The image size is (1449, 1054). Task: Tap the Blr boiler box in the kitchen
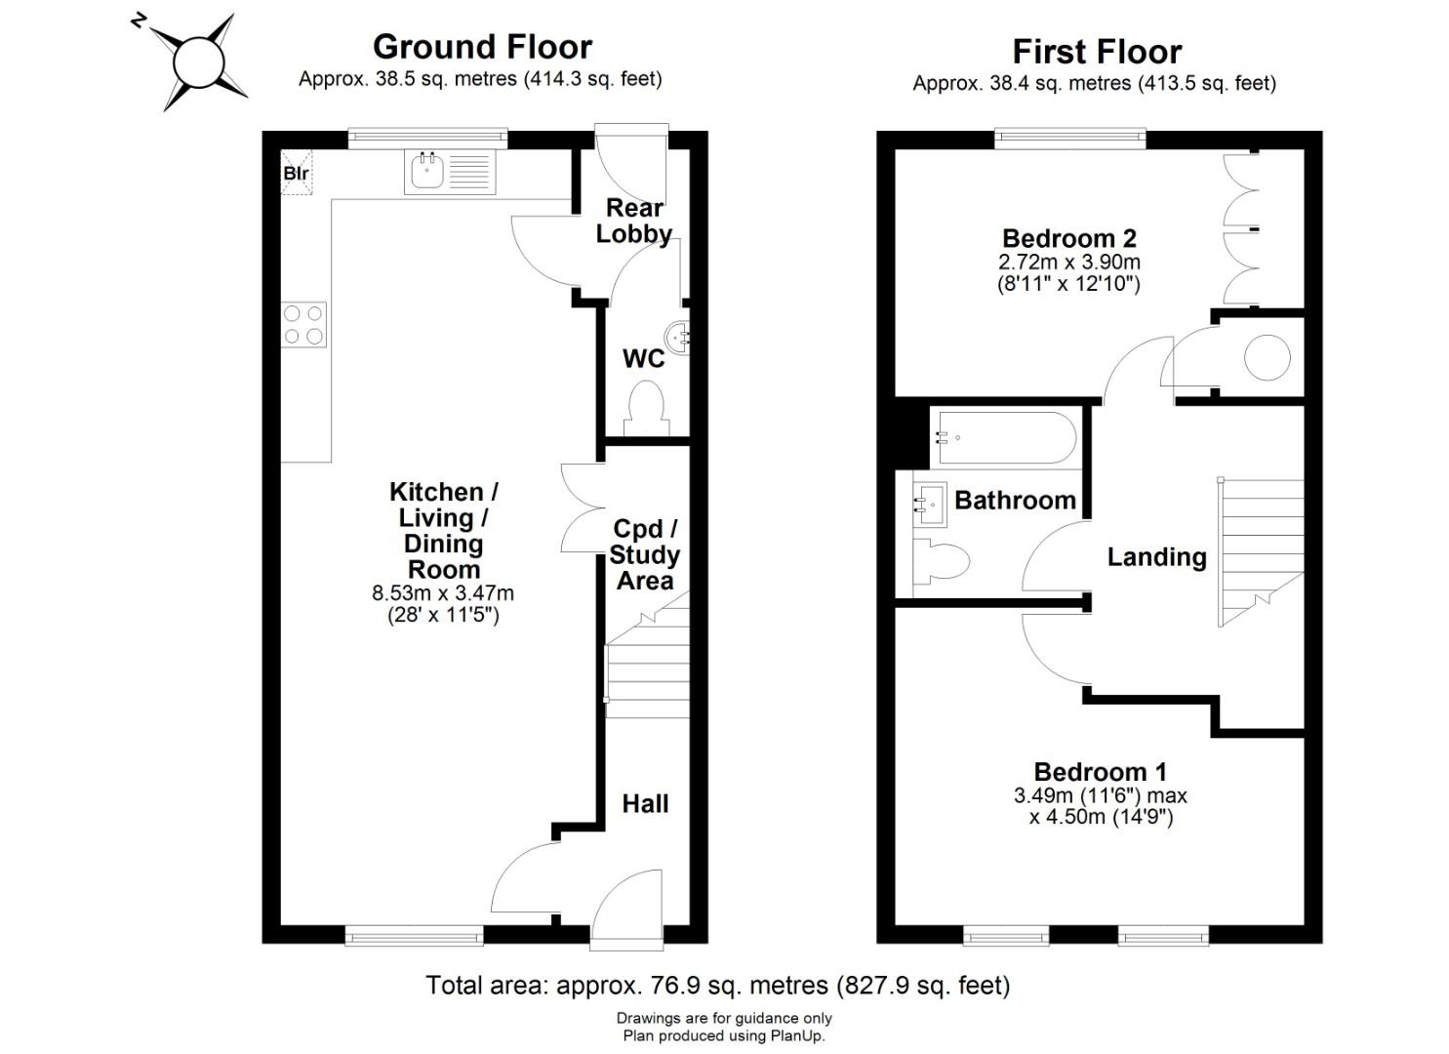pyautogui.click(x=297, y=172)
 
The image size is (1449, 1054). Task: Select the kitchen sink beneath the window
pyautogui.click(x=450, y=172)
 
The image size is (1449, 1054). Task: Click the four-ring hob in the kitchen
pyautogui.click(x=303, y=324)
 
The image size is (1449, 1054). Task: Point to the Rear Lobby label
pyautogui.click(x=634, y=221)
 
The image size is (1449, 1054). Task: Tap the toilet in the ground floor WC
pyautogui.click(x=646, y=409)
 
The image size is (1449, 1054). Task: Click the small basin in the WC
pyautogui.click(x=677, y=337)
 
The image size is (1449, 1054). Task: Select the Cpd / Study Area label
pyautogui.click(x=645, y=554)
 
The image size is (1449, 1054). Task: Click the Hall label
pyautogui.click(x=645, y=803)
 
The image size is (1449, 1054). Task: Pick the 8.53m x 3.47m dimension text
pyautogui.click(x=443, y=592)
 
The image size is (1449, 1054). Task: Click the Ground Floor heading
pyautogui.click(x=483, y=47)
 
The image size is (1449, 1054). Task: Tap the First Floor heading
pyautogui.click(x=1097, y=52)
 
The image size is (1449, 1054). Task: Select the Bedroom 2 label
pyautogui.click(x=1069, y=239)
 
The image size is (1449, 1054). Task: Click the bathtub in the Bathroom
pyautogui.click(x=1007, y=438)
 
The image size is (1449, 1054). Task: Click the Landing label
pyautogui.click(x=1156, y=557)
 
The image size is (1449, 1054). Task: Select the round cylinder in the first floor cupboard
pyautogui.click(x=1268, y=357)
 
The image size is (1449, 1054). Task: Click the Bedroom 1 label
pyautogui.click(x=1101, y=772)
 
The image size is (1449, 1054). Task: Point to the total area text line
pyautogui.click(x=718, y=986)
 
